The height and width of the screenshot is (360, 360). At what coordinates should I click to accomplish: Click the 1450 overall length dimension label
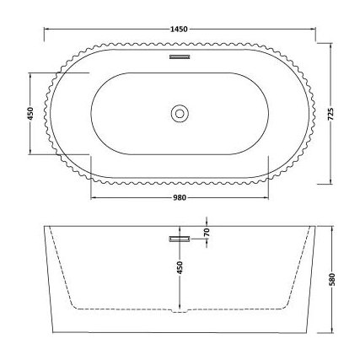click(180, 31)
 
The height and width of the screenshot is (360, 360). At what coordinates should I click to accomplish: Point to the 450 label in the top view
click(31, 113)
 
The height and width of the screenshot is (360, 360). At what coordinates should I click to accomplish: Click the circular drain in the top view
click(180, 113)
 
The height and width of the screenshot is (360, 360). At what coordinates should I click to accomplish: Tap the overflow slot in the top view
click(180, 58)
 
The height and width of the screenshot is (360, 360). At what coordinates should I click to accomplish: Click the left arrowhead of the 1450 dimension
click(46, 38)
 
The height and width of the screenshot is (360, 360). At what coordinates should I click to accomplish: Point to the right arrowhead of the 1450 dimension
click(314, 38)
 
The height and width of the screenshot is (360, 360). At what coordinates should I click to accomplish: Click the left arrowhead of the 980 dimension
click(91, 197)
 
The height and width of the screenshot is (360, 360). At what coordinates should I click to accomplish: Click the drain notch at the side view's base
click(180, 316)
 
